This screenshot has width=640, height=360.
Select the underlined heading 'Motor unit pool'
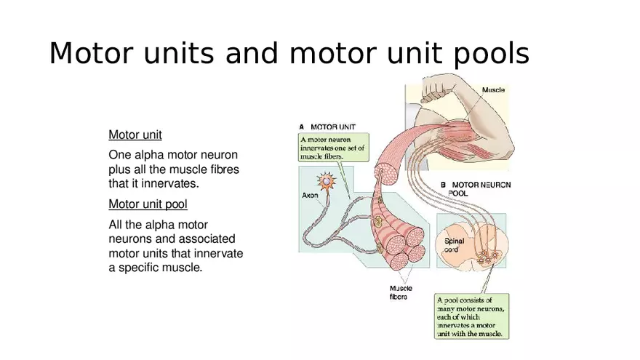pos(148,204)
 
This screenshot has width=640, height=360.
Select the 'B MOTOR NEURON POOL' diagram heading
pos(476,189)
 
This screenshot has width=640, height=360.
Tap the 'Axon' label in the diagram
pos(310,196)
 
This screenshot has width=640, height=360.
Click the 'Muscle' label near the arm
pos(493,90)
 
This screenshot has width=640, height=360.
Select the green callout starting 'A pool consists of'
pos(472,316)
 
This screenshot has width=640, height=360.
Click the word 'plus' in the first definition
pos(120,169)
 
